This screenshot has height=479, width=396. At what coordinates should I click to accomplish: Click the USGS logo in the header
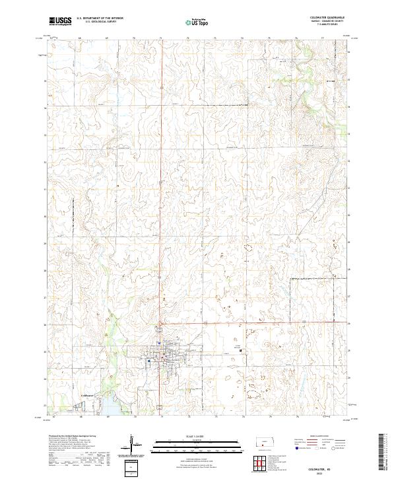coord(60,20)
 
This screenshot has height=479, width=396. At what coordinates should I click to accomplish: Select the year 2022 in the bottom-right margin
coord(328,474)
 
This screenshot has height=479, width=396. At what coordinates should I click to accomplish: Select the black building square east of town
coord(240,350)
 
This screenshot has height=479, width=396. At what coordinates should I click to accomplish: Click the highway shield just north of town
coord(159,328)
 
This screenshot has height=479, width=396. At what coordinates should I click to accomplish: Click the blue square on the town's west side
coord(150,361)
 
